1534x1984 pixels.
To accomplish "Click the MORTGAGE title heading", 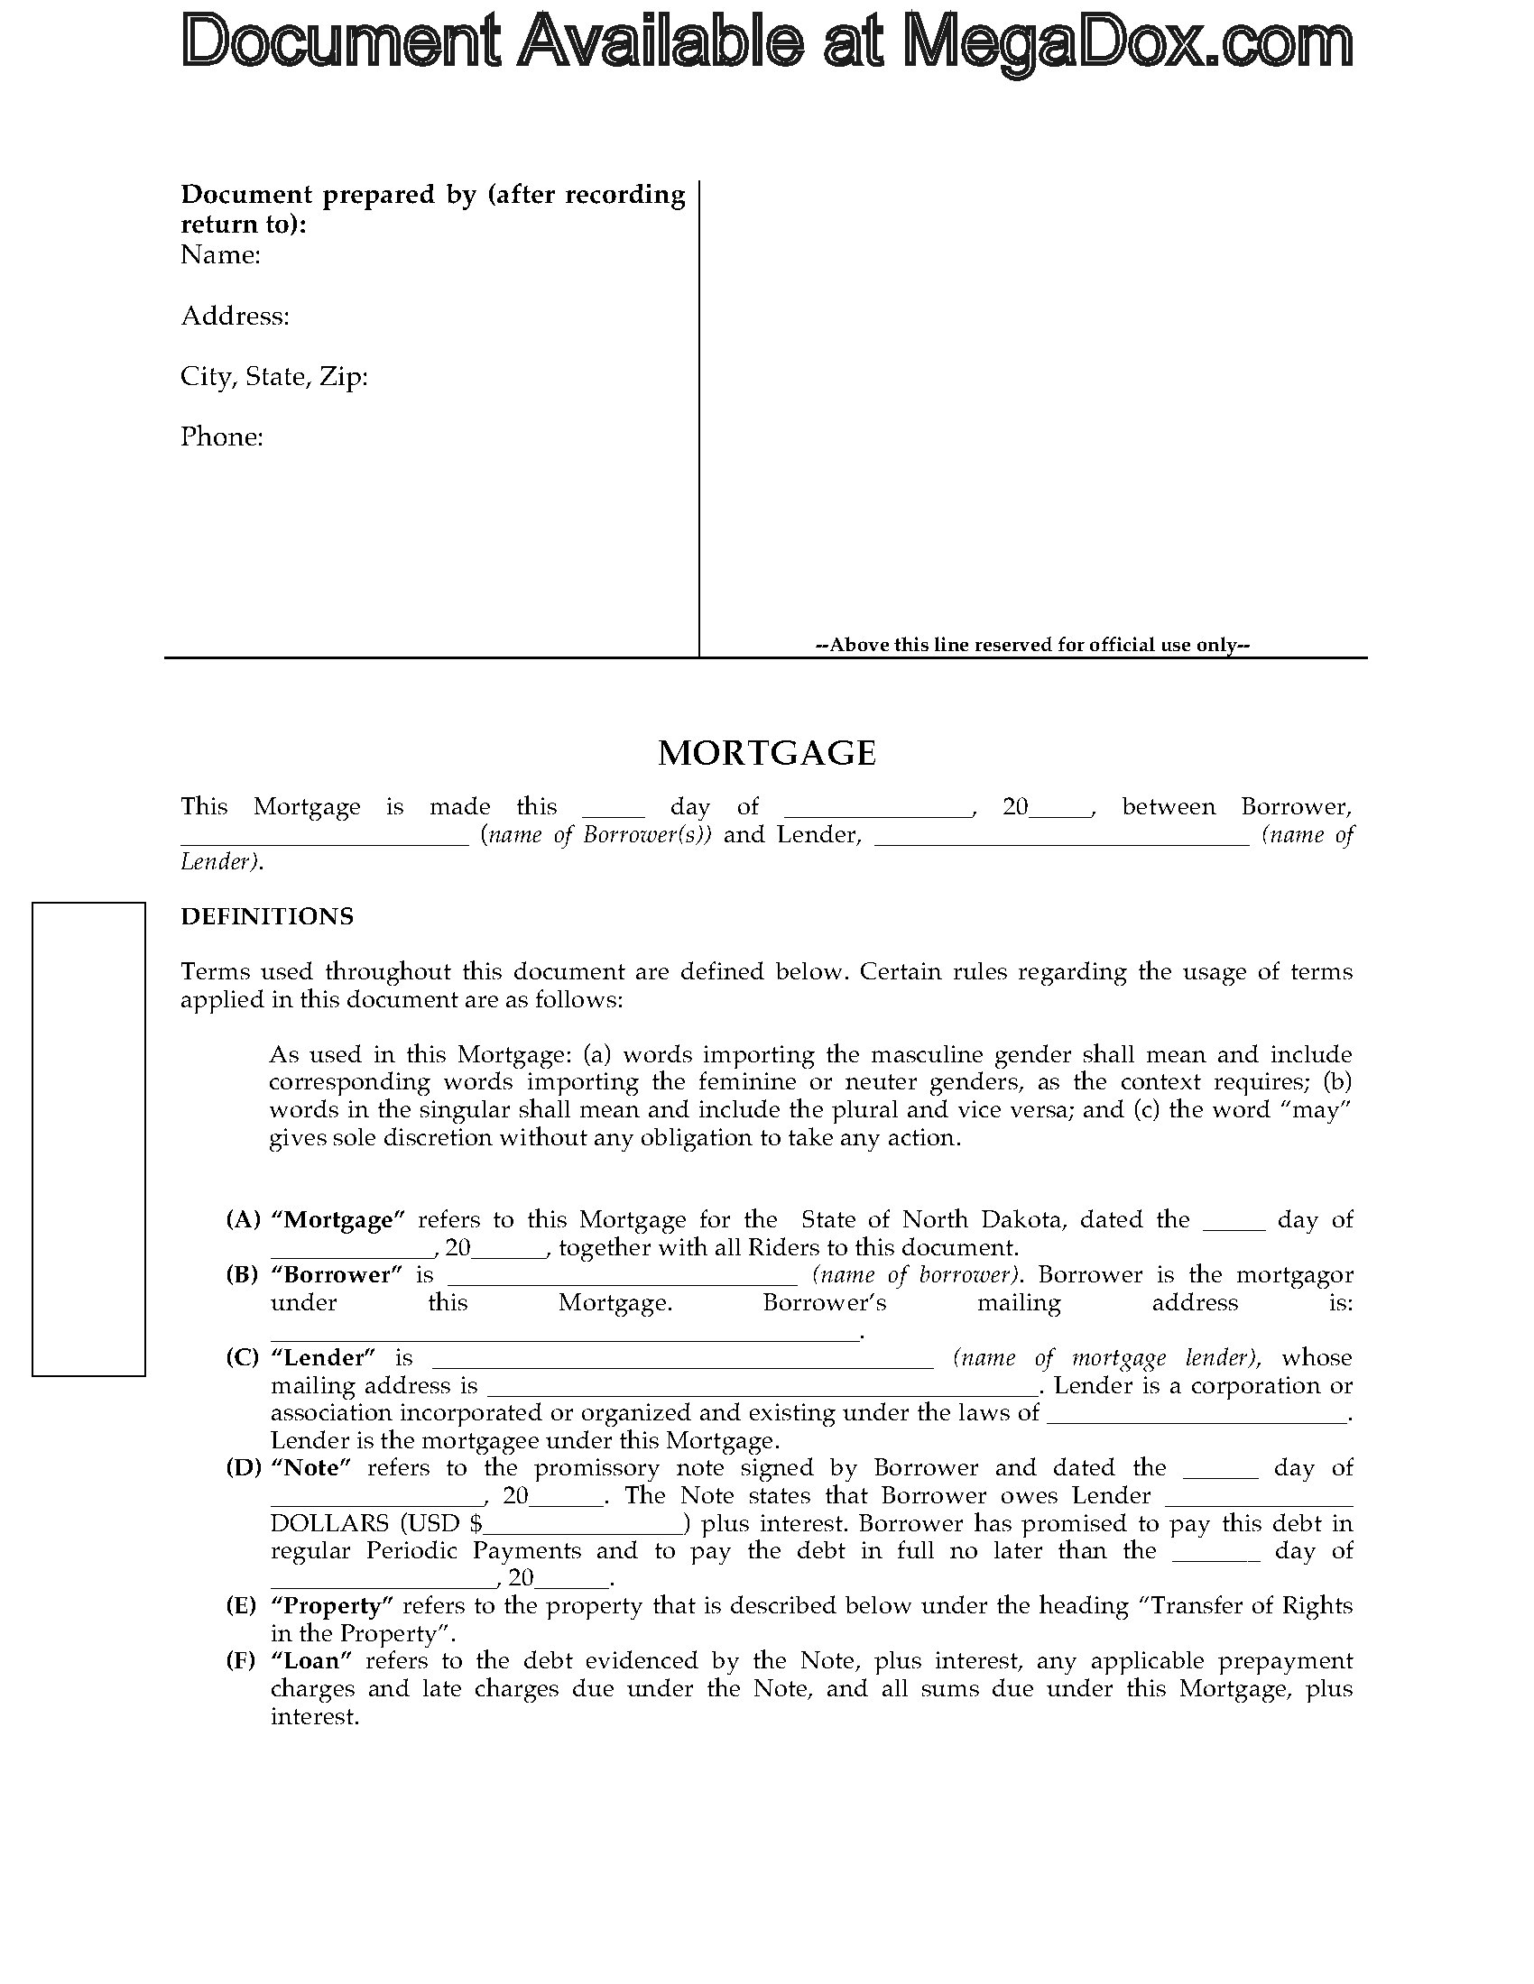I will coord(766,753).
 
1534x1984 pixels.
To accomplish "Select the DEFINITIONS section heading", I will coord(267,916).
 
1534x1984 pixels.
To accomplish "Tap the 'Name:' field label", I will coord(221,255).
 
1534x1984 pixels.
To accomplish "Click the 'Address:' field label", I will coord(236,317).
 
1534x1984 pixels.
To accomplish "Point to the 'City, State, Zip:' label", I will coord(274,376).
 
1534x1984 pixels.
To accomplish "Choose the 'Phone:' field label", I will coord(222,437).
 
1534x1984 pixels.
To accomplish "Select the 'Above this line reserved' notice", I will coord(1032,645).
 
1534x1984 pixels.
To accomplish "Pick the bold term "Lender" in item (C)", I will coord(324,1358).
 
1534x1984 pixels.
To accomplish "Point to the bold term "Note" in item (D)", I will coord(310,1467).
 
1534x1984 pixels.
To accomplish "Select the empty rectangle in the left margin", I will coord(89,1139).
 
